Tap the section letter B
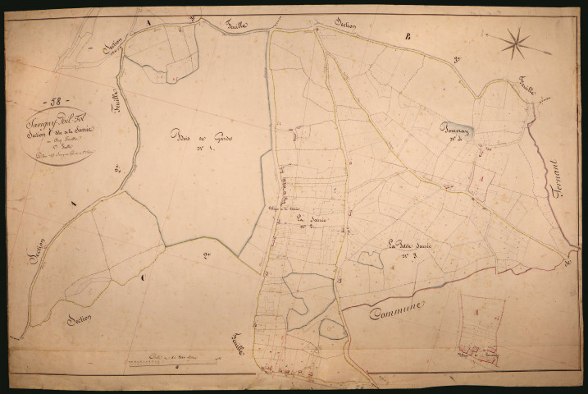click(405, 36)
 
